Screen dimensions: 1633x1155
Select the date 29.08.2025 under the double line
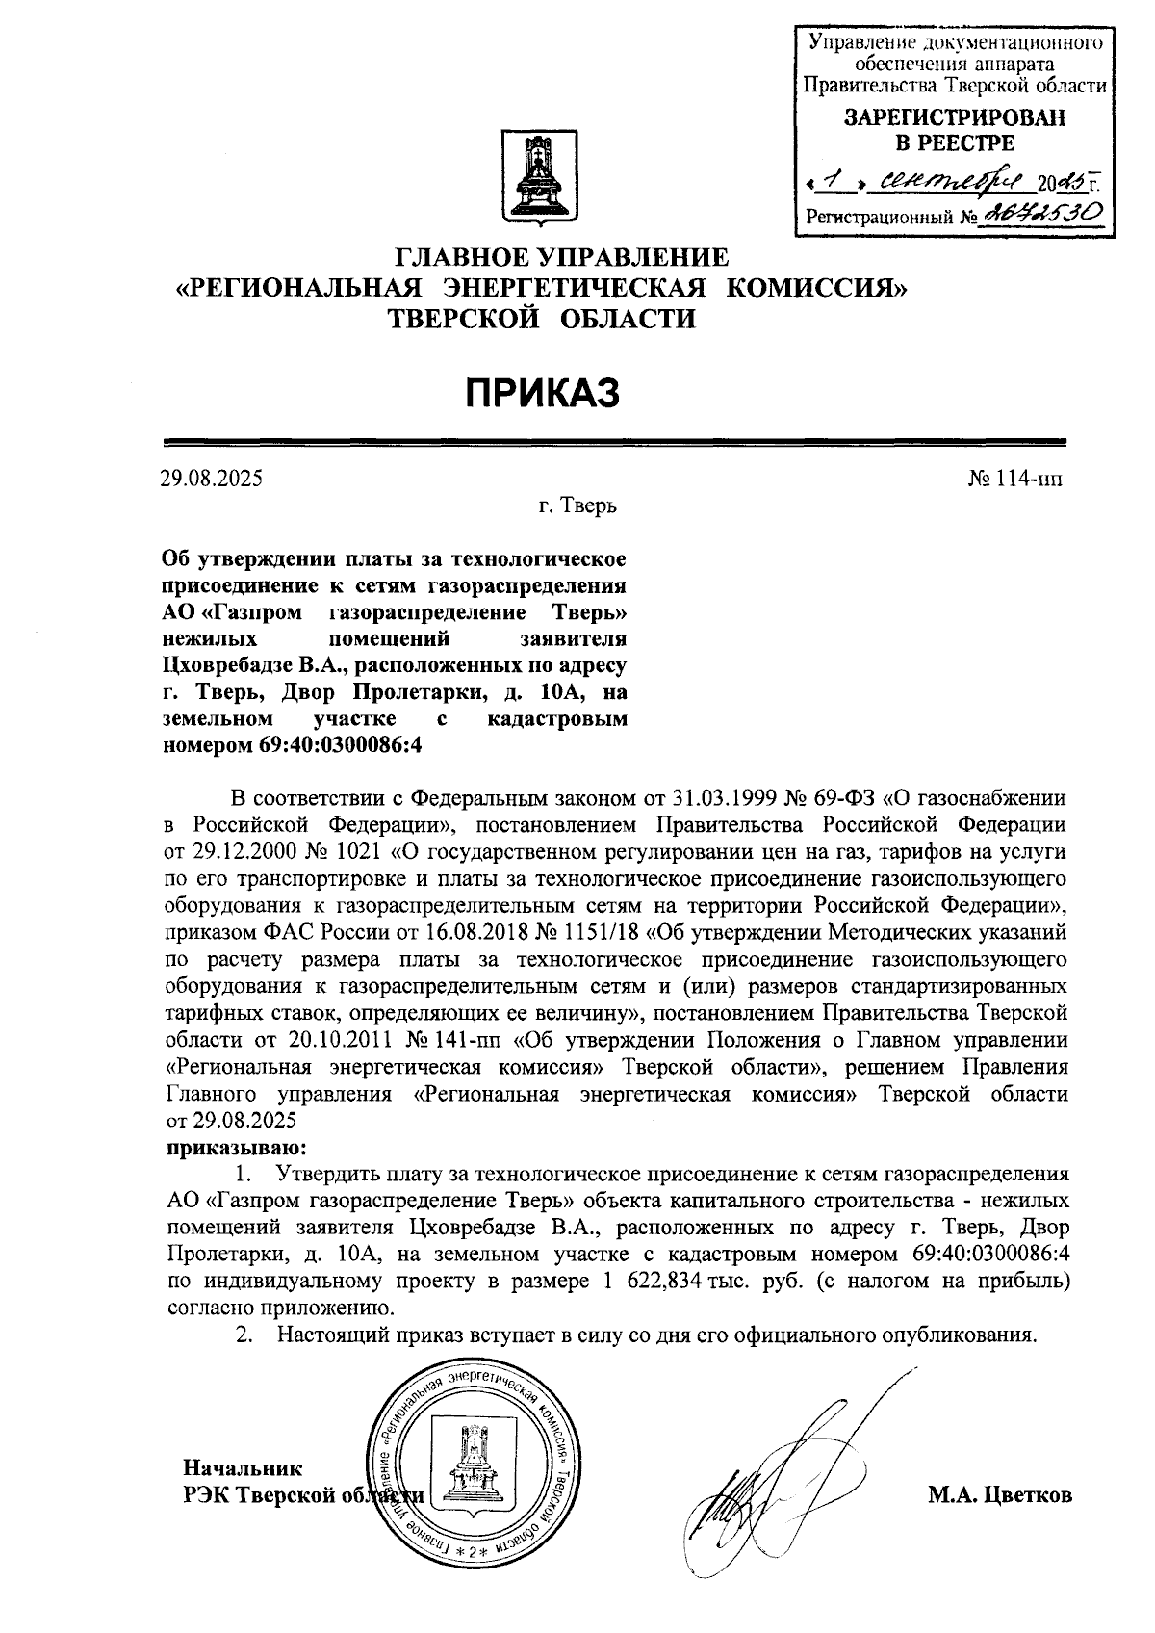coord(212,479)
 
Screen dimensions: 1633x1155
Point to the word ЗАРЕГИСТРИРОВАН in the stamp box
coord(954,118)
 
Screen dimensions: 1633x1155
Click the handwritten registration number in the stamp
coord(1036,214)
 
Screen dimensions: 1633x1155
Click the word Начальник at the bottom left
coord(243,1468)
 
